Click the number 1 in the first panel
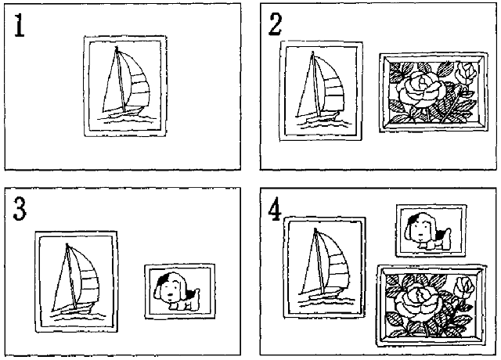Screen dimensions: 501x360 [19, 26]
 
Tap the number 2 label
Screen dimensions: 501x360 [275, 24]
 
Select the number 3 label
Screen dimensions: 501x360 [20, 209]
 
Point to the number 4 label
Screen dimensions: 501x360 [275, 211]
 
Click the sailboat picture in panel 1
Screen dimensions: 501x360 [125, 86]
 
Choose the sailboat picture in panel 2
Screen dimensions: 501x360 [321, 91]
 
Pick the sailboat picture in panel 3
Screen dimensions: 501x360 [77, 282]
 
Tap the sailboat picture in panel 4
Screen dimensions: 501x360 [325, 268]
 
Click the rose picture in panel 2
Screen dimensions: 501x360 [434, 92]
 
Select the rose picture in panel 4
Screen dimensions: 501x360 [431, 306]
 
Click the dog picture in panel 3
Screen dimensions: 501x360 [179, 292]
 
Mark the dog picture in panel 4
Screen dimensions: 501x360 [431, 231]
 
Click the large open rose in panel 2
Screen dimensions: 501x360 [421, 90]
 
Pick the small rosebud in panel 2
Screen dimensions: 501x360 [466, 73]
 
